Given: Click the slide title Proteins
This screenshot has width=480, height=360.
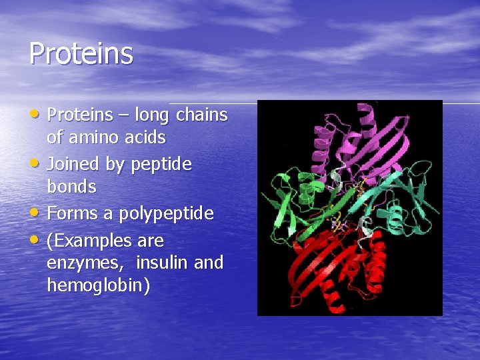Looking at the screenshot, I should pos(81,54).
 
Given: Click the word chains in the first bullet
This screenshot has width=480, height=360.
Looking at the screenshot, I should pos(202,115).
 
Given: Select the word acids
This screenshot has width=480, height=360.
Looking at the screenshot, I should pos(144,138).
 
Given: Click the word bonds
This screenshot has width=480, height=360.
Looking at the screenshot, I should pos(71,187).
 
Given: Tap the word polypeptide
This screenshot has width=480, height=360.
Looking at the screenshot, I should pos(167,214).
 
